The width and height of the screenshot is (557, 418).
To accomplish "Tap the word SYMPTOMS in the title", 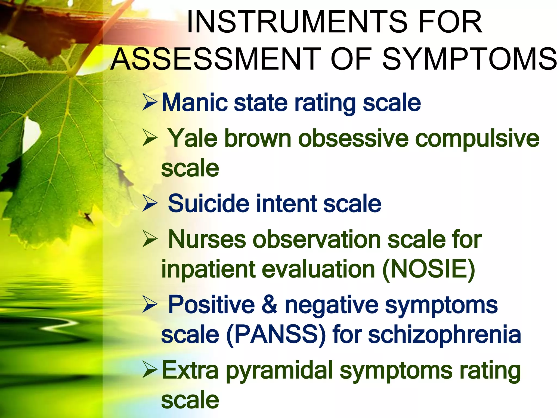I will (x=469, y=59).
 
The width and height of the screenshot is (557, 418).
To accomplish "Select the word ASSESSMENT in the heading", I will (x=216, y=59).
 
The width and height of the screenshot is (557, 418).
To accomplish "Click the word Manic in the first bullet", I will (x=194, y=103).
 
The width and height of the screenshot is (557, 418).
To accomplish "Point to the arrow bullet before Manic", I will (x=150, y=102).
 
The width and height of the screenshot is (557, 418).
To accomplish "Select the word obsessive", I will (x=353, y=138).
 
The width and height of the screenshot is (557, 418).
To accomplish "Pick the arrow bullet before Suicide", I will (x=150, y=203).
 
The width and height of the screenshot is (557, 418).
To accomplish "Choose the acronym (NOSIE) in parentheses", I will (x=428, y=269).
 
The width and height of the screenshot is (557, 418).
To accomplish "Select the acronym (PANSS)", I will (x=276, y=335).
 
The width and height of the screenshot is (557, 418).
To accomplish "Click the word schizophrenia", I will (x=444, y=335).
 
